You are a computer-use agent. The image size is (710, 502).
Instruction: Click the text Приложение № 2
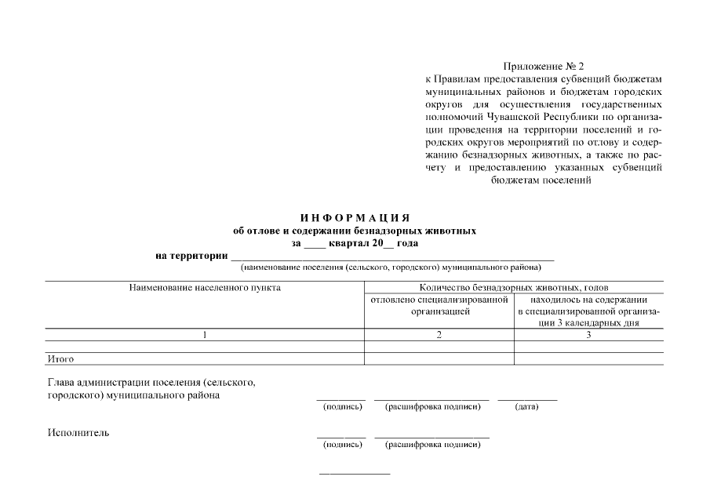pos(544,67)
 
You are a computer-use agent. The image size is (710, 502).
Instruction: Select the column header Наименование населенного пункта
pos(205,288)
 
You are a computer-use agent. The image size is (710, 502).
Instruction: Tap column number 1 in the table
pos(205,335)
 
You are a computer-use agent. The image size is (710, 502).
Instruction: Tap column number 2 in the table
pos(439,335)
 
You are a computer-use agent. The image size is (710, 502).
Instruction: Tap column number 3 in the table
pos(588,335)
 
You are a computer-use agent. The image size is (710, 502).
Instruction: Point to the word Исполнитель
pos(78,432)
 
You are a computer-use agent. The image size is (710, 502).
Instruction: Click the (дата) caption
pos(526,407)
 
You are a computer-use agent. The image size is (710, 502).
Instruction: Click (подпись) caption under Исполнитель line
pos(342,445)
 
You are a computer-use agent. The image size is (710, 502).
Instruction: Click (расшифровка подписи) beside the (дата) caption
pos(431,407)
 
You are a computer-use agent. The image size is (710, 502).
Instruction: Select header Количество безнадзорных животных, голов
pos(514,288)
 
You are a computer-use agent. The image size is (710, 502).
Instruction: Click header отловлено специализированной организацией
pos(439,305)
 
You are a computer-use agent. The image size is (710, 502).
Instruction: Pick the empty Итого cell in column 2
pos(439,358)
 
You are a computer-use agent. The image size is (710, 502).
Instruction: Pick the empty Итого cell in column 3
pos(588,358)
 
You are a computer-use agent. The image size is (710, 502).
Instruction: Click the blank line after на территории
pos(392,256)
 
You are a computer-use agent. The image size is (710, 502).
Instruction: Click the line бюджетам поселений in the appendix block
pos(541,180)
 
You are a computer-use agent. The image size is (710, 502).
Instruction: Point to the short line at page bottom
pos(354,474)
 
